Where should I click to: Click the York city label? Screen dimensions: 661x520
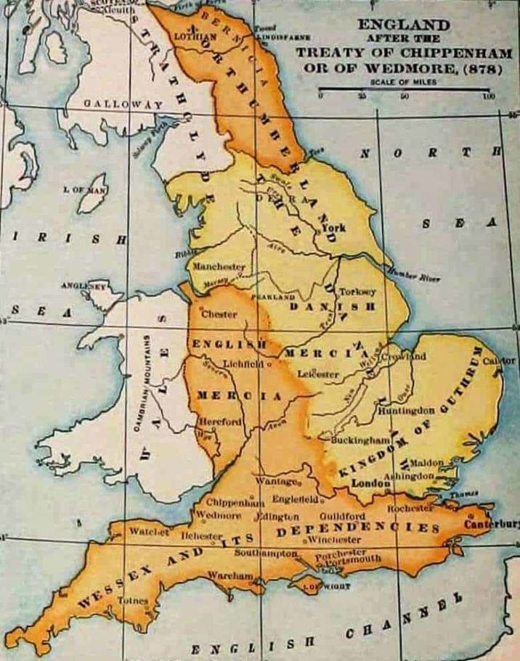point(335,228)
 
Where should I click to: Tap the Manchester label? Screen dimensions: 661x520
point(219,267)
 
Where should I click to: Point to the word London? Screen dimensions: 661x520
point(367,483)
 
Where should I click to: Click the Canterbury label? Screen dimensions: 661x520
point(492,524)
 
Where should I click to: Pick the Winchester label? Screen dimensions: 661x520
point(333,540)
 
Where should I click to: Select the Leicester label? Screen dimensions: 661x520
point(318,374)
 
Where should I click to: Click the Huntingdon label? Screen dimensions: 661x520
point(406,410)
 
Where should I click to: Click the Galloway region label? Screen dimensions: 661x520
point(122,104)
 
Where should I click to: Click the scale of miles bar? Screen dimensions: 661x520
point(405,90)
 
